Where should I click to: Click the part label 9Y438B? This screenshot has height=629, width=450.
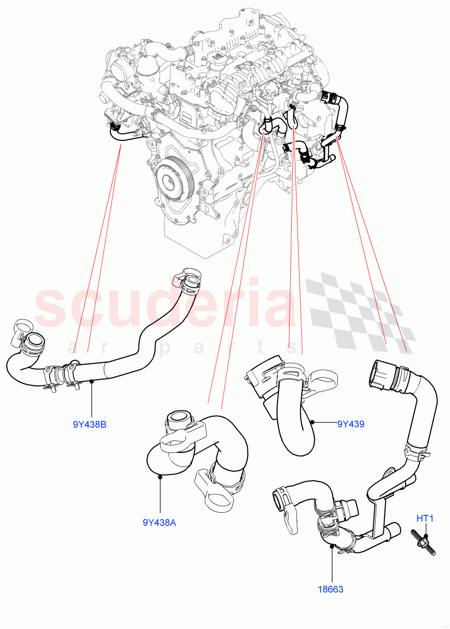pos(90,425)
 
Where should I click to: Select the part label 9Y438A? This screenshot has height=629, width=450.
pos(159,522)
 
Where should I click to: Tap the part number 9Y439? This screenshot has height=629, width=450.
pos(350,424)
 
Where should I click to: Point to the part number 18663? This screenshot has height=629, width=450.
pos(330,589)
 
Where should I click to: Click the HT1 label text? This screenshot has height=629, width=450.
pos(425,519)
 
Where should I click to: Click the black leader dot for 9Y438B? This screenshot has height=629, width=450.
pos(92,381)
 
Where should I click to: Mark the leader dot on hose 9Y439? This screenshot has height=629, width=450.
pos(312,421)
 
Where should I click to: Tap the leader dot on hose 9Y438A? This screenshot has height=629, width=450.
pos(159,476)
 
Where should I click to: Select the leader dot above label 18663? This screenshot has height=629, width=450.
pos(333,546)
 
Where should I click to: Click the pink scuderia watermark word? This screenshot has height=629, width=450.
pos(162,304)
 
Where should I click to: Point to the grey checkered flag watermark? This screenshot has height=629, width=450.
pos(356,309)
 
